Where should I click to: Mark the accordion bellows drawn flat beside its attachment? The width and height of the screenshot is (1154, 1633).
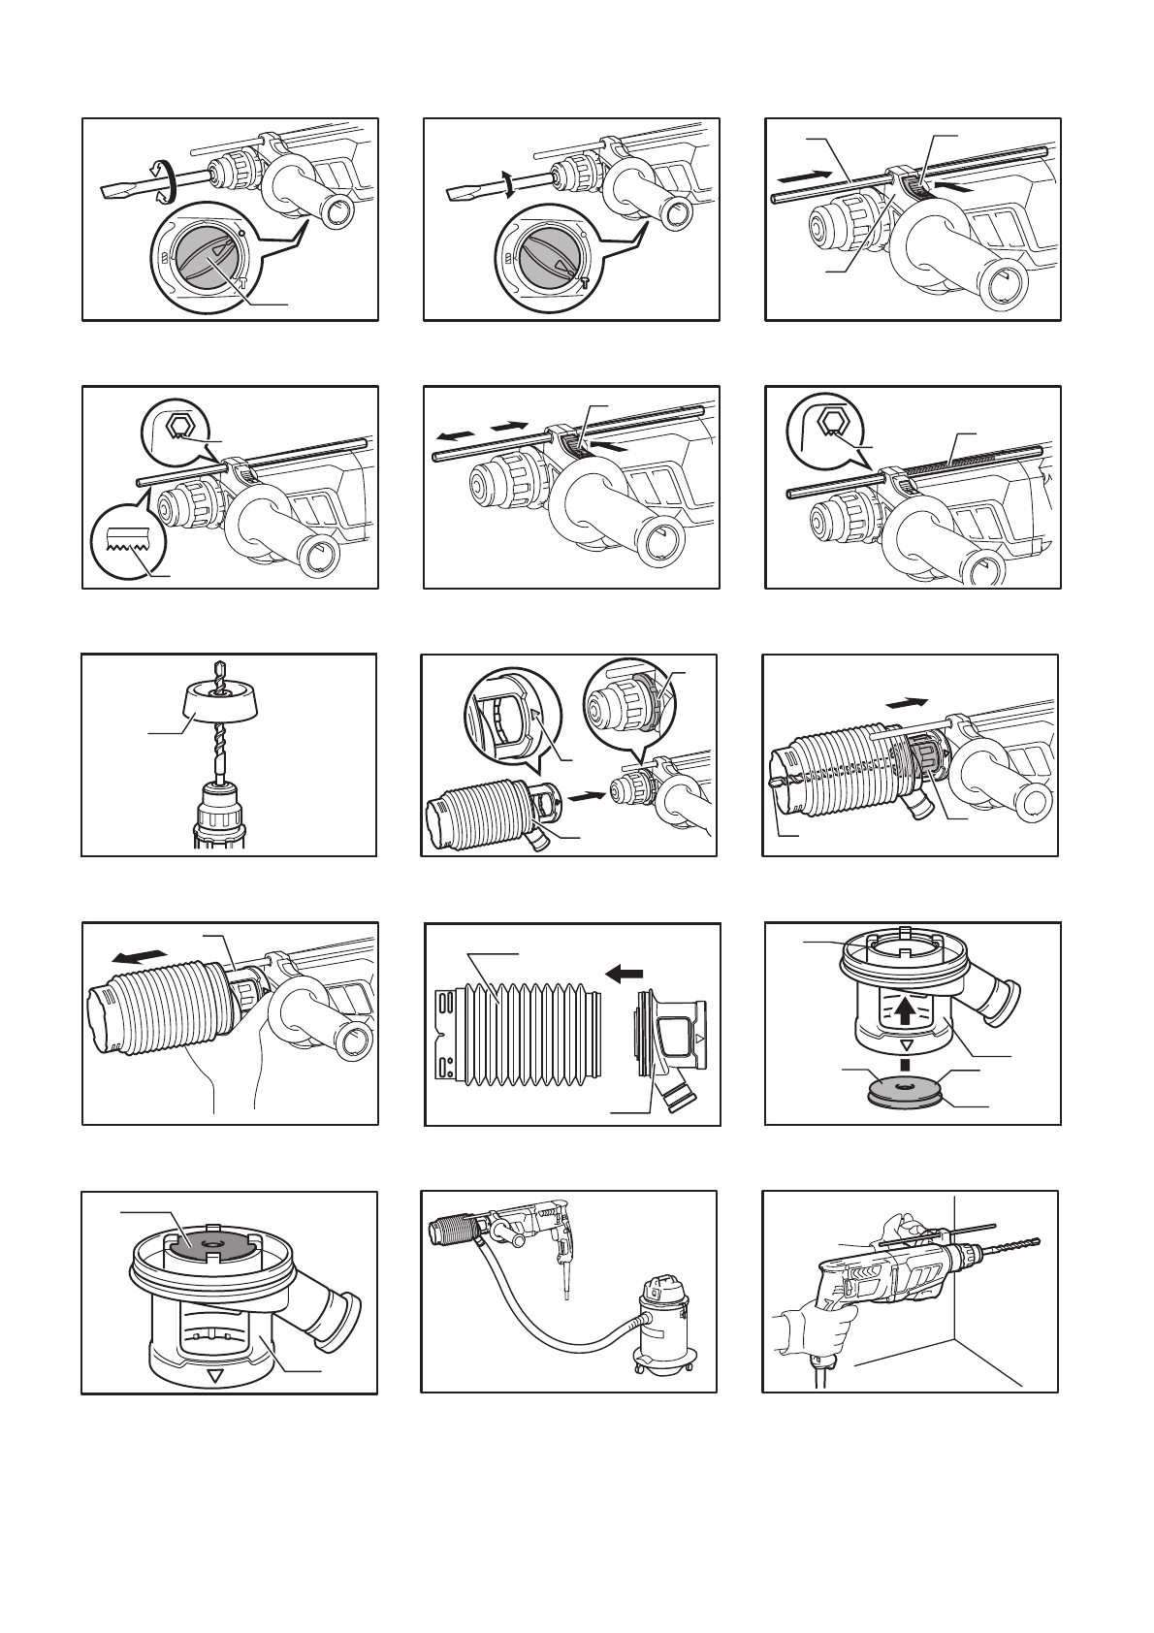click(514, 1032)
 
